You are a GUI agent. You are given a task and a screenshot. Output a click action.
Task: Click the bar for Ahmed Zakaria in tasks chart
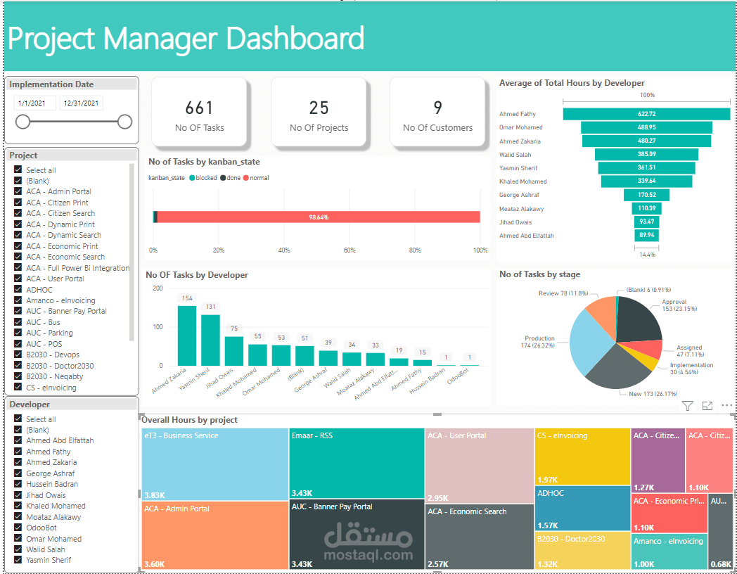click(186, 336)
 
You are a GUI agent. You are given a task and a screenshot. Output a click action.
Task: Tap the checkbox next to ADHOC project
click(18, 289)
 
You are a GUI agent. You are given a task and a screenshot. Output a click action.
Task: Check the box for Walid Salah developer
click(18, 549)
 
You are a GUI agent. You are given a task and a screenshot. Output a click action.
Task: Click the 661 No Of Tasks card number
click(199, 108)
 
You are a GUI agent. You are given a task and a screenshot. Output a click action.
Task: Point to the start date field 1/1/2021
click(34, 103)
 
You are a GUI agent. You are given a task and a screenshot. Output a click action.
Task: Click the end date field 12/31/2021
click(81, 103)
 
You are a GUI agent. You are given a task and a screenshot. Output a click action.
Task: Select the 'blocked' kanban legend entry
click(202, 178)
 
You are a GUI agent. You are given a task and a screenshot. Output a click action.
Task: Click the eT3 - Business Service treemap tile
click(214, 464)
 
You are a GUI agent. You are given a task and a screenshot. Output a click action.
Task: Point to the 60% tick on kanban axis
click(350, 250)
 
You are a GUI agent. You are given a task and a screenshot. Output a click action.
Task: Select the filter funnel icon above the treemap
click(687, 406)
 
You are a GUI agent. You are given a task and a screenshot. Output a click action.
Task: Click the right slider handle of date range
click(124, 122)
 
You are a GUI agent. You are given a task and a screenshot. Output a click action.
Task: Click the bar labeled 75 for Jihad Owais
click(233, 350)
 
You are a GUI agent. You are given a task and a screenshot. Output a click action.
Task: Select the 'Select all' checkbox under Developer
click(18, 419)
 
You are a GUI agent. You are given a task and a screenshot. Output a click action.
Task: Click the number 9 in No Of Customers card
click(437, 108)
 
